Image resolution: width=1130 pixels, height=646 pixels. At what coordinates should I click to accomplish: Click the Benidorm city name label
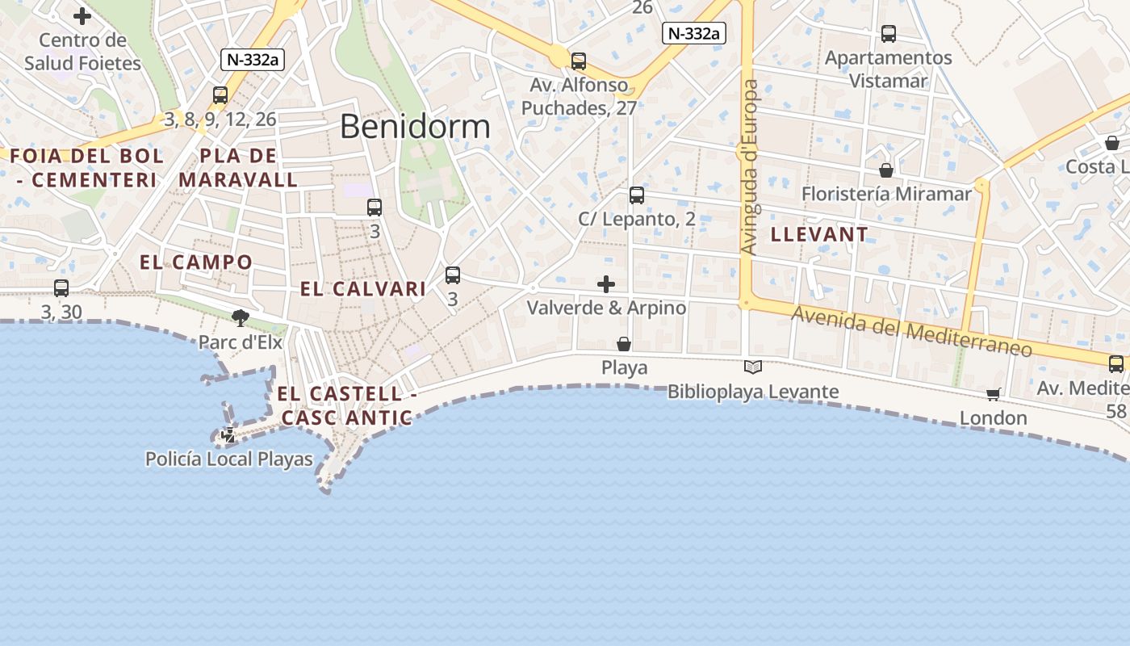click(415, 127)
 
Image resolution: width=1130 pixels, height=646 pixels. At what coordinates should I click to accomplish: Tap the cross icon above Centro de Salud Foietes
click(82, 15)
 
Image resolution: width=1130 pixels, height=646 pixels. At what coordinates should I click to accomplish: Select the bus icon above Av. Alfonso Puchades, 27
click(578, 61)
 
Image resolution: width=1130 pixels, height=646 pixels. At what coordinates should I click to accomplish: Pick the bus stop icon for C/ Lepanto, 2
click(637, 195)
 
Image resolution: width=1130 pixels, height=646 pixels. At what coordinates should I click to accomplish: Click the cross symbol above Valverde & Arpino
click(606, 284)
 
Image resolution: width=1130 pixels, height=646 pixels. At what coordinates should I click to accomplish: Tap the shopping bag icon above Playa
click(624, 344)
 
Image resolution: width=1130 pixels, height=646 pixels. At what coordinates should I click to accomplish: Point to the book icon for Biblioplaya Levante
click(753, 367)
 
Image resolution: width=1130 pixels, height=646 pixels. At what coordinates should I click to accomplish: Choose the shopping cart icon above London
click(993, 394)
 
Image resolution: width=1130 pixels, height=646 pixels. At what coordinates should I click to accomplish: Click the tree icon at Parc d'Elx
click(240, 317)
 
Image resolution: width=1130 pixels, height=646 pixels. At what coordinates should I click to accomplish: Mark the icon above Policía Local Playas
click(228, 435)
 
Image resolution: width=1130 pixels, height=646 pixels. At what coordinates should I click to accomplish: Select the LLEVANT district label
click(819, 235)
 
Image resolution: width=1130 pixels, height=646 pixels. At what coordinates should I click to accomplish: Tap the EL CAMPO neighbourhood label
click(196, 262)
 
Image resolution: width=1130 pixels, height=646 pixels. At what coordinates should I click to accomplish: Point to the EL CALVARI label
click(363, 289)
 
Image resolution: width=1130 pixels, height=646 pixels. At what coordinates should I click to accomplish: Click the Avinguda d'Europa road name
click(750, 166)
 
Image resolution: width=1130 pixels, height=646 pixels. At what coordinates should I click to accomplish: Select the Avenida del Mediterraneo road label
click(911, 331)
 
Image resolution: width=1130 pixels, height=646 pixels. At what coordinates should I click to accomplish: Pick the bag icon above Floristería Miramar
click(886, 170)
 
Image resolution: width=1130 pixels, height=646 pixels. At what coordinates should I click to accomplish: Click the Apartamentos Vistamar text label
click(888, 69)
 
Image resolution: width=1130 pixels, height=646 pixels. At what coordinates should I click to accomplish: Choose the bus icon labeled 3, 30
click(61, 287)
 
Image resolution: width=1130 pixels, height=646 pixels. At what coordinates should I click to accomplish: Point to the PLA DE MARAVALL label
click(238, 168)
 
